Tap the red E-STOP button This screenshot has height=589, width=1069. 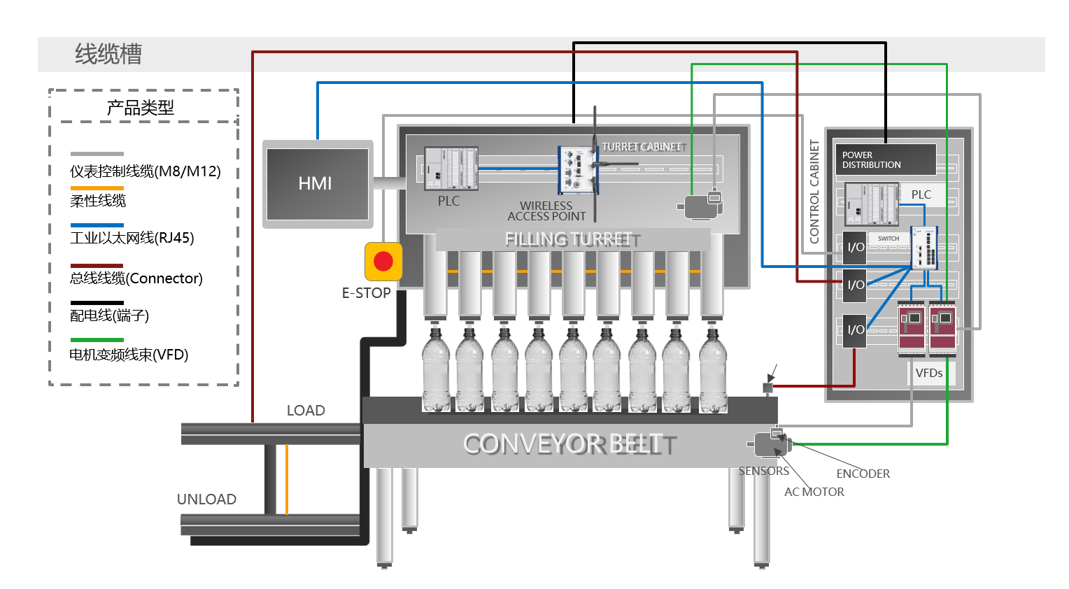pyautogui.click(x=383, y=262)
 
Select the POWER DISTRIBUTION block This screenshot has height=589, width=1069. pyautogui.click(x=885, y=159)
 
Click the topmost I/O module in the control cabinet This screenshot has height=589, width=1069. pyautogui.click(x=855, y=248)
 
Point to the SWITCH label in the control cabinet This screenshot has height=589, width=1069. pyautogui.click(x=889, y=239)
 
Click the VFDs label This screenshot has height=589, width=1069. pyautogui.click(x=929, y=374)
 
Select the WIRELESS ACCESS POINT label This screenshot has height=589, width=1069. pyautogui.click(x=546, y=211)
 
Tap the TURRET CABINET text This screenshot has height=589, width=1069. pyautogui.click(x=642, y=147)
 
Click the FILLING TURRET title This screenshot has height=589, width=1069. pyautogui.click(x=569, y=240)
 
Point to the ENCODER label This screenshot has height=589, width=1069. pyautogui.click(x=863, y=474)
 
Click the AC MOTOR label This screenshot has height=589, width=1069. pyautogui.click(x=814, y=492)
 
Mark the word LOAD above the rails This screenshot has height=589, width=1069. pyautogui.click(x=306, y=411)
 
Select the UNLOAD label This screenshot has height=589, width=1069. pyautogui.click(x=206, y=499)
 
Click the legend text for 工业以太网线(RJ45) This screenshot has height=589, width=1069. pyautogui.click(x=132, y=238)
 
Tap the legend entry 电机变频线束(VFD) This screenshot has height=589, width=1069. pyautogui.click(x=129, y=355)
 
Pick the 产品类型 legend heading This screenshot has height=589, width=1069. pyautogui.click(x=140, y=108)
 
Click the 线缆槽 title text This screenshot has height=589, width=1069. pyautogui.click(x=108, y=55)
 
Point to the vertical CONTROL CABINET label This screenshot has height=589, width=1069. pyautogui.click(x=814, y=192)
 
